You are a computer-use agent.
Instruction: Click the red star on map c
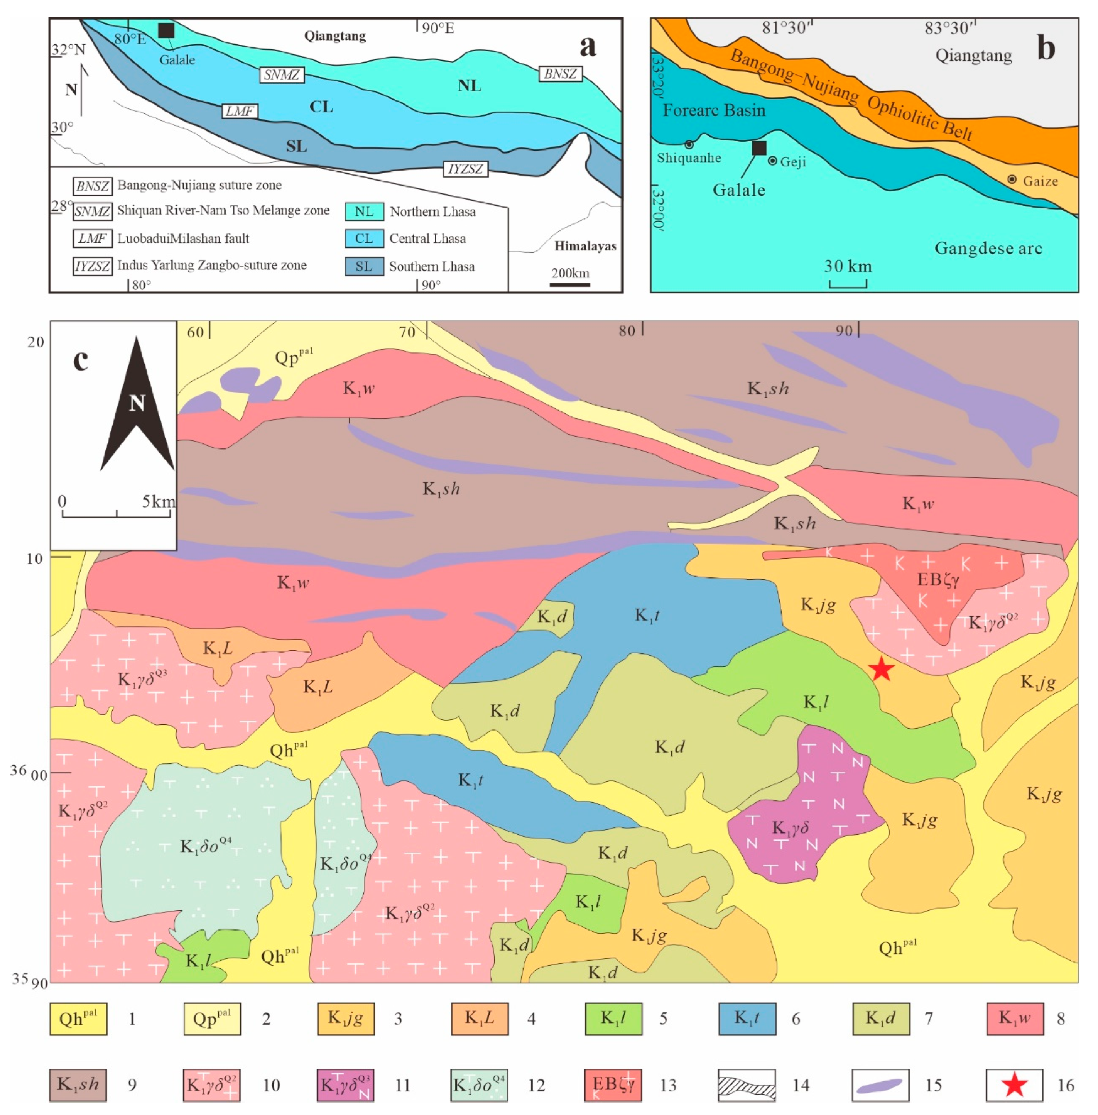[881, 669]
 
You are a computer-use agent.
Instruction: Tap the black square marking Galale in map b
[759, 148]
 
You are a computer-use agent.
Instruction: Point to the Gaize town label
[1040, 181]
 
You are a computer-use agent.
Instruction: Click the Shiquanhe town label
[689, 158]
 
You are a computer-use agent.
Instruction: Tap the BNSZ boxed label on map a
[560, 74]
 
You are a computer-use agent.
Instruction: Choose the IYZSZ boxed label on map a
[465, 169]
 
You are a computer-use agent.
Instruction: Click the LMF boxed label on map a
[239, 111]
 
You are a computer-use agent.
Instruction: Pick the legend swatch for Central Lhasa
[364, 238]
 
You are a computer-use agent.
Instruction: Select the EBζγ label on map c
[938, 579]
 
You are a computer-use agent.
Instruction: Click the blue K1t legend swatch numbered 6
[747, 1018]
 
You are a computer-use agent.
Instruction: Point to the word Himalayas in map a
[585, 246]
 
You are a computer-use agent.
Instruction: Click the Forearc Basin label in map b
[713, 110]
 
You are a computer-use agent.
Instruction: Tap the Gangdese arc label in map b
[988, 249]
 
